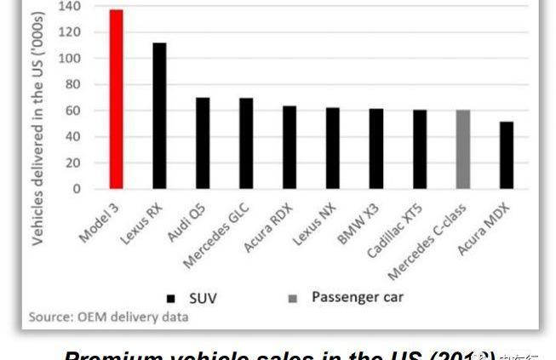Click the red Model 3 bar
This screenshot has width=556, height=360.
(116, 100)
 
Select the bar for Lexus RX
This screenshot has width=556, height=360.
(159, 116)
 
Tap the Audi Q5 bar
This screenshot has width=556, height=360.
(203, 143)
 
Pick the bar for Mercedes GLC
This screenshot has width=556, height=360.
(246, 143)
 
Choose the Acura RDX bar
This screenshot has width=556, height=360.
(289, 147)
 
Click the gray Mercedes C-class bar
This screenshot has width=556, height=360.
(463, 149)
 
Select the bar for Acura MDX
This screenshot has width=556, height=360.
(507, 155)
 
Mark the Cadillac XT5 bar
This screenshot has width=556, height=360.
(420, 149)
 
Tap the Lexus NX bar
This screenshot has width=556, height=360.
(333, 148)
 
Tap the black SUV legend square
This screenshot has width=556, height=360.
(171, 299)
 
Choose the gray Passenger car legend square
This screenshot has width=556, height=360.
(292, 299)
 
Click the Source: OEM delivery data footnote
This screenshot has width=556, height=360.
(109, 317)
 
